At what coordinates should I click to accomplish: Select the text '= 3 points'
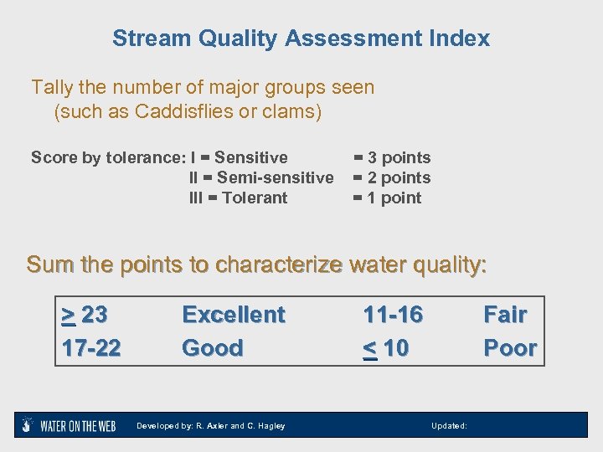click(x=391, y=157)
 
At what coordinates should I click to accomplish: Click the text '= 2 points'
click(x=391, y=177)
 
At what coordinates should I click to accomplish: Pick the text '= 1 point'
click(x=387, y=198)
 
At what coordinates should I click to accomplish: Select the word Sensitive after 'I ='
click(x=250, y=157)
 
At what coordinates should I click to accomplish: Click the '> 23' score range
click(x=85, y=315)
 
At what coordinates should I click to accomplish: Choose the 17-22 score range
click(x=91, y=347)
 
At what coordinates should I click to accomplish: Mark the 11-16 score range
click(x=393, y=315)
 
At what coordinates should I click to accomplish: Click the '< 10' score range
click(x=386, y=347)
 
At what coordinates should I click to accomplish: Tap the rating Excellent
click(x=234, y=315)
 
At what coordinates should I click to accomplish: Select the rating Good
click(x=212, y=347)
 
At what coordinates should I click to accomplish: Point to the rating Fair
click(x=505, y=315)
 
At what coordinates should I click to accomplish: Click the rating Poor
click(x=510, y=347)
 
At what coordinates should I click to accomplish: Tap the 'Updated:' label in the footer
click(x=449, y=426)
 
